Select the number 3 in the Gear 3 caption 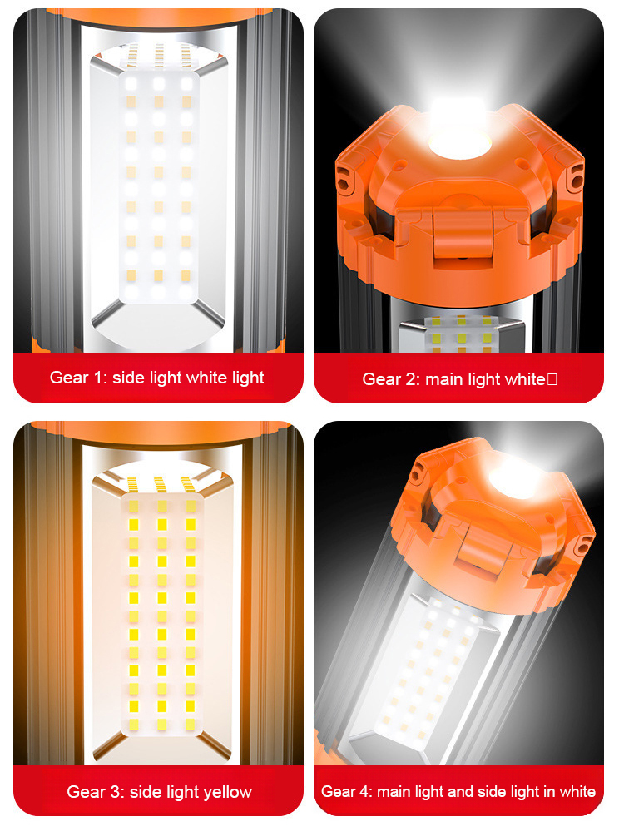[116, 792]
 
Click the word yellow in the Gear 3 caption [228, 792]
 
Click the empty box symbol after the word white [552, 379]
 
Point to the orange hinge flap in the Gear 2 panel [463, 235]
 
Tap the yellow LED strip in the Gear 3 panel [161, 613]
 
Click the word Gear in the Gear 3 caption [87, 792]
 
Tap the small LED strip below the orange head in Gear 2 [462, 334]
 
